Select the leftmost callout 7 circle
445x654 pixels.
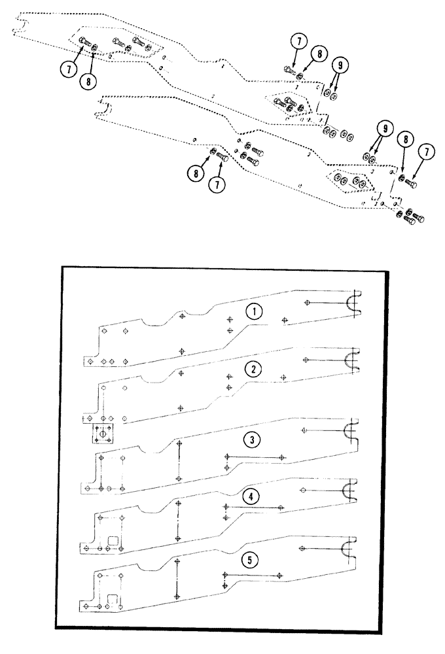(67, 70)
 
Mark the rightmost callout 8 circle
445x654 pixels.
(406, 141)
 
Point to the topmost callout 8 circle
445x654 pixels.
(318, 54)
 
